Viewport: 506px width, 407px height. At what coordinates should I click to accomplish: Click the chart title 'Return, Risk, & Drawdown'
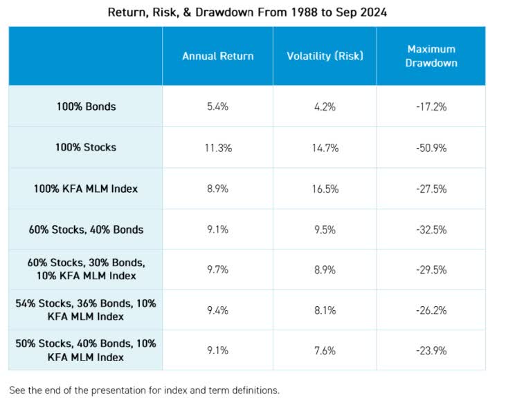click(x=247, y=12)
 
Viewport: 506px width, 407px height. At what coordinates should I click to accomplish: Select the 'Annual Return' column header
click(x=217, y=56)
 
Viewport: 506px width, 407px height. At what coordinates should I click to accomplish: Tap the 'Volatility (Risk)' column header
click(x=324, y=56)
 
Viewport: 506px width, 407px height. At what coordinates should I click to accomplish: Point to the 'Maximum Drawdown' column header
click(x=431, y=56)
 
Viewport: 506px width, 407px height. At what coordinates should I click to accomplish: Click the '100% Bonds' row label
click(x=86, y=106)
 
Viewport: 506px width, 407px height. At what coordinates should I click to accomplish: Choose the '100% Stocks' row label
click(x=86, y=147)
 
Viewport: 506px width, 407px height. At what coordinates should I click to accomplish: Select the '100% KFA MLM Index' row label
click(x=86, y=189)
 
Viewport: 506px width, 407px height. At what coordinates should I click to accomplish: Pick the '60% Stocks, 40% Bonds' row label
click(x=86, y=229)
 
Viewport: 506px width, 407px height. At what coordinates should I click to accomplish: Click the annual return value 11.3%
click(x=217, y=147)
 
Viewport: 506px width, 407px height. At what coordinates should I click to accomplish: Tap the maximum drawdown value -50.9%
click(x=431, y=147)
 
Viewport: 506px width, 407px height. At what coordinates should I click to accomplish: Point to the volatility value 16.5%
click(x=324, y=189)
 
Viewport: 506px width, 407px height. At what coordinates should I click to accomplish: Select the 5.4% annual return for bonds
click(x=217, y=106)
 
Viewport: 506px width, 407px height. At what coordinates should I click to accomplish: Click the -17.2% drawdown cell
click(x=431, y=106)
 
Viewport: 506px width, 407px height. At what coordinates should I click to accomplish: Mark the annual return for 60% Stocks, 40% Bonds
click(x=217, y=229)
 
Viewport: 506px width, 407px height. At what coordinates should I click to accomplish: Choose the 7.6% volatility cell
click(x=324, y=350)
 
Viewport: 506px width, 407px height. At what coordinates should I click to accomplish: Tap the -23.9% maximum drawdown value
click(x=431, y=350)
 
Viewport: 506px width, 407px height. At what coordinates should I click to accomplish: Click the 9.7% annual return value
click(x=217, y=269)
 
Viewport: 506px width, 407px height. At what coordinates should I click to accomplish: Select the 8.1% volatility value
click(x=324, y=310)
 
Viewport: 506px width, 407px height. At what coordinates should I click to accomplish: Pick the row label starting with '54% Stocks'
click(x=86, y=310)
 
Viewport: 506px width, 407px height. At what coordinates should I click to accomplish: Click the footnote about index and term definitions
click(x=144, y=390)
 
